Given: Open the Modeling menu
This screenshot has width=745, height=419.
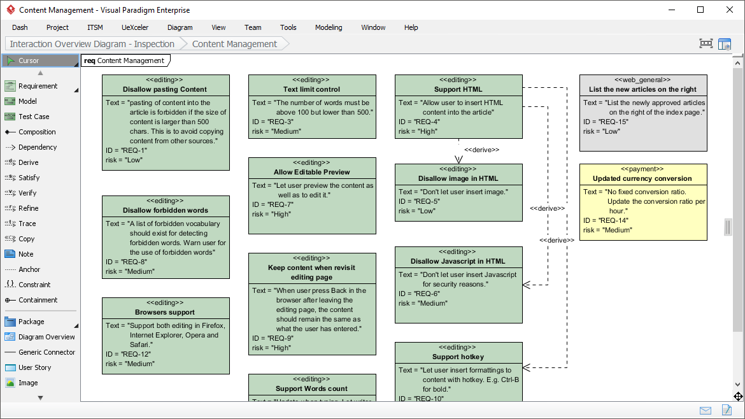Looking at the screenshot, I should (x=329, y=27).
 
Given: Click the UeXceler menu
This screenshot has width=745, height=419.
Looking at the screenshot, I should (x=134, y=27).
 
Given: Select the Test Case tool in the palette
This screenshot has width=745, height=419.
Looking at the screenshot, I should (x=34, y=117).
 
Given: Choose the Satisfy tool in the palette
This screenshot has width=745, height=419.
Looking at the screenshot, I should (x=29, y=178).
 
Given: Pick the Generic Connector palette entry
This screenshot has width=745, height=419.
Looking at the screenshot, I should (x=46, y=352).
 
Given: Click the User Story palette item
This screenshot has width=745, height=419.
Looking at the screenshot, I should (x=34, y=367).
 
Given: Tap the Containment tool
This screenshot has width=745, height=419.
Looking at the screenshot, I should (x=38, y=300).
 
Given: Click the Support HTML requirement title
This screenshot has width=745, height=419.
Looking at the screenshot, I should (x=458, y=89).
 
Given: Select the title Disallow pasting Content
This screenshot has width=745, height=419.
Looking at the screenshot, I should (x=165, y=89).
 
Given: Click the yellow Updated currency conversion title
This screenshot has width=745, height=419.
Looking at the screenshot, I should (x=642, y=178).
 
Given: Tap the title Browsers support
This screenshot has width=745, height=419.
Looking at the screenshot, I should (x=165, y=312).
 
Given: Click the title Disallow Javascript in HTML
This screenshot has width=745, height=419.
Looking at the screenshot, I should (x=458, y=261).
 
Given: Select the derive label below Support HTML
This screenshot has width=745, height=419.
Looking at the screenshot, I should (x=481, y=150).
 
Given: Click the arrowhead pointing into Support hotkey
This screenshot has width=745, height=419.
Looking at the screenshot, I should (x=527, y=367).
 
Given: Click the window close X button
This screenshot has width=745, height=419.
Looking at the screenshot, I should (x=729, y=10).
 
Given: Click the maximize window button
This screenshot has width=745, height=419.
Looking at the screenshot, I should (x=700, y=10).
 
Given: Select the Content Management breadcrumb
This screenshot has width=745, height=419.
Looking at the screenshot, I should (x=234, y=44).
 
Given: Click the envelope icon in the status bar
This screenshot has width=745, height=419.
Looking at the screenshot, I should (x=706, y=410).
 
